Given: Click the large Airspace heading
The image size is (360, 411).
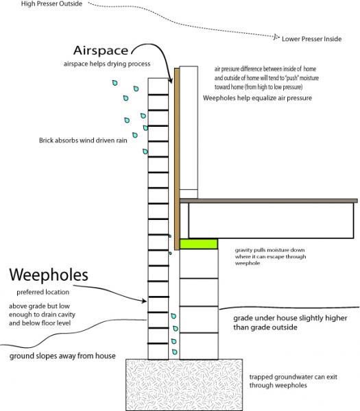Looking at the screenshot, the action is point(101,50).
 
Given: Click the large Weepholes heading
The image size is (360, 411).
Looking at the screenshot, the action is point(49,275).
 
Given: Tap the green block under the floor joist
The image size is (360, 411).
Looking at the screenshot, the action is point(199,244).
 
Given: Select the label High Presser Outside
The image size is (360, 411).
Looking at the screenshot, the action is point(51,3).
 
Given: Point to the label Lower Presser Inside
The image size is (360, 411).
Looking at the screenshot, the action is point(312,39).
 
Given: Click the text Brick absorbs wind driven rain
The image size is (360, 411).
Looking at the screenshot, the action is point(83,140).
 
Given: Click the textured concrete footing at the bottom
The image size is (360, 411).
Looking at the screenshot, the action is point(184,385).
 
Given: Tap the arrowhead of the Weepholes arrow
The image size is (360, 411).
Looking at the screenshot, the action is point(144,301).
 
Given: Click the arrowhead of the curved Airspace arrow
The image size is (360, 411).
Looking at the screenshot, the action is point(171,80).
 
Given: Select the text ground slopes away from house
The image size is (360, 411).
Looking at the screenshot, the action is point(62,356).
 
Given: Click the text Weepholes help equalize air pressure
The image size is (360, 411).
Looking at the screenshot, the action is point(257,98).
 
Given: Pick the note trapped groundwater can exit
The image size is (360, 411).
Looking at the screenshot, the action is point(293,377).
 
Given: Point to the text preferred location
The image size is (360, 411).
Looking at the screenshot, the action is point(43,292).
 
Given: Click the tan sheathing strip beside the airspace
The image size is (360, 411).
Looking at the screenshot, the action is point(177,159).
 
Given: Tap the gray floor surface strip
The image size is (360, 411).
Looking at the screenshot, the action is point(268,201).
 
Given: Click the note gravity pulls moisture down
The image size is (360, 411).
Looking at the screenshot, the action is point(269,250).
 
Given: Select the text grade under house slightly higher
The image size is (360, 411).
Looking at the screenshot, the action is point(290,319).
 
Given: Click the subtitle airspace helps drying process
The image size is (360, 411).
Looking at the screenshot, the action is point(107,64).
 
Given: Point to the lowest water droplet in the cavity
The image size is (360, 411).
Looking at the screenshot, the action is point(174,352).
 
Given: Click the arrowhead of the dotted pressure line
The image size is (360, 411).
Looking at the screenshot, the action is point(276,37).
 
